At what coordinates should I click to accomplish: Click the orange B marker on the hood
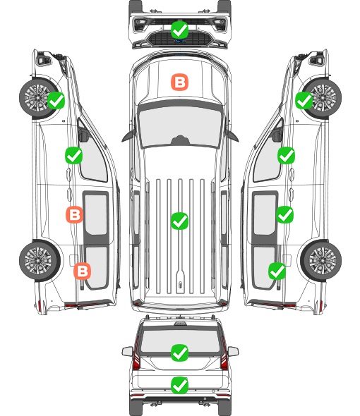179,82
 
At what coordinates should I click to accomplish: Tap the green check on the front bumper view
179,30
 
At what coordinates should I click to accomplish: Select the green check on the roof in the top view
179,221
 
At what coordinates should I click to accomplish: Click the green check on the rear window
179,353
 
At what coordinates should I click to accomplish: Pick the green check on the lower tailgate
179,385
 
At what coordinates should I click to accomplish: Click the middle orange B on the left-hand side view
74,214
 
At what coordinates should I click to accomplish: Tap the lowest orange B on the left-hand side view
83,271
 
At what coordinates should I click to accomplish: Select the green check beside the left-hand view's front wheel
56,100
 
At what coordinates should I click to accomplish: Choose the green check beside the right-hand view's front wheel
304,100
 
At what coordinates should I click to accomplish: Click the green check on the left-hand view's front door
73,155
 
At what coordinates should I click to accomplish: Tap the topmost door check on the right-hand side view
286,155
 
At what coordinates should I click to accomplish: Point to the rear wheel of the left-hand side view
40,261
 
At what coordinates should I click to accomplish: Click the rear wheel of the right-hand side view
321,261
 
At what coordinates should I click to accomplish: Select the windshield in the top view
180,126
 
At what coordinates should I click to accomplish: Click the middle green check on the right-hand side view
284,214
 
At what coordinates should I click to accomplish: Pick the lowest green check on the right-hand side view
277,271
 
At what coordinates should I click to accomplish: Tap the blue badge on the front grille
179,41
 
